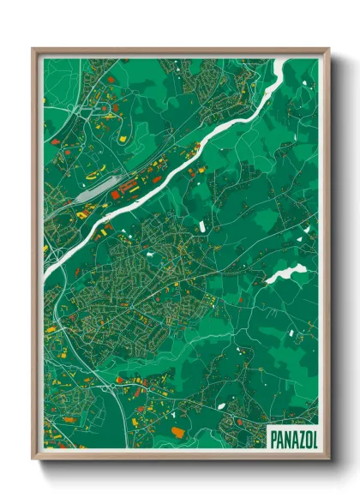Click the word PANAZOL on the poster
click(292, 439)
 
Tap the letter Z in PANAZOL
click(297, 439)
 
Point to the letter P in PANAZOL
click(273, 439)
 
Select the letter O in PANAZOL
click(305, 439)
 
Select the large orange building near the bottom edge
click(178, 432)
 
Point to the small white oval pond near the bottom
click(221, 406)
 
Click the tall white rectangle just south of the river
click(203, 225)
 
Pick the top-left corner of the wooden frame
click(33, 48)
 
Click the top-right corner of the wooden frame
click(328, 48)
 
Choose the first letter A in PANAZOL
click(280, 439)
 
